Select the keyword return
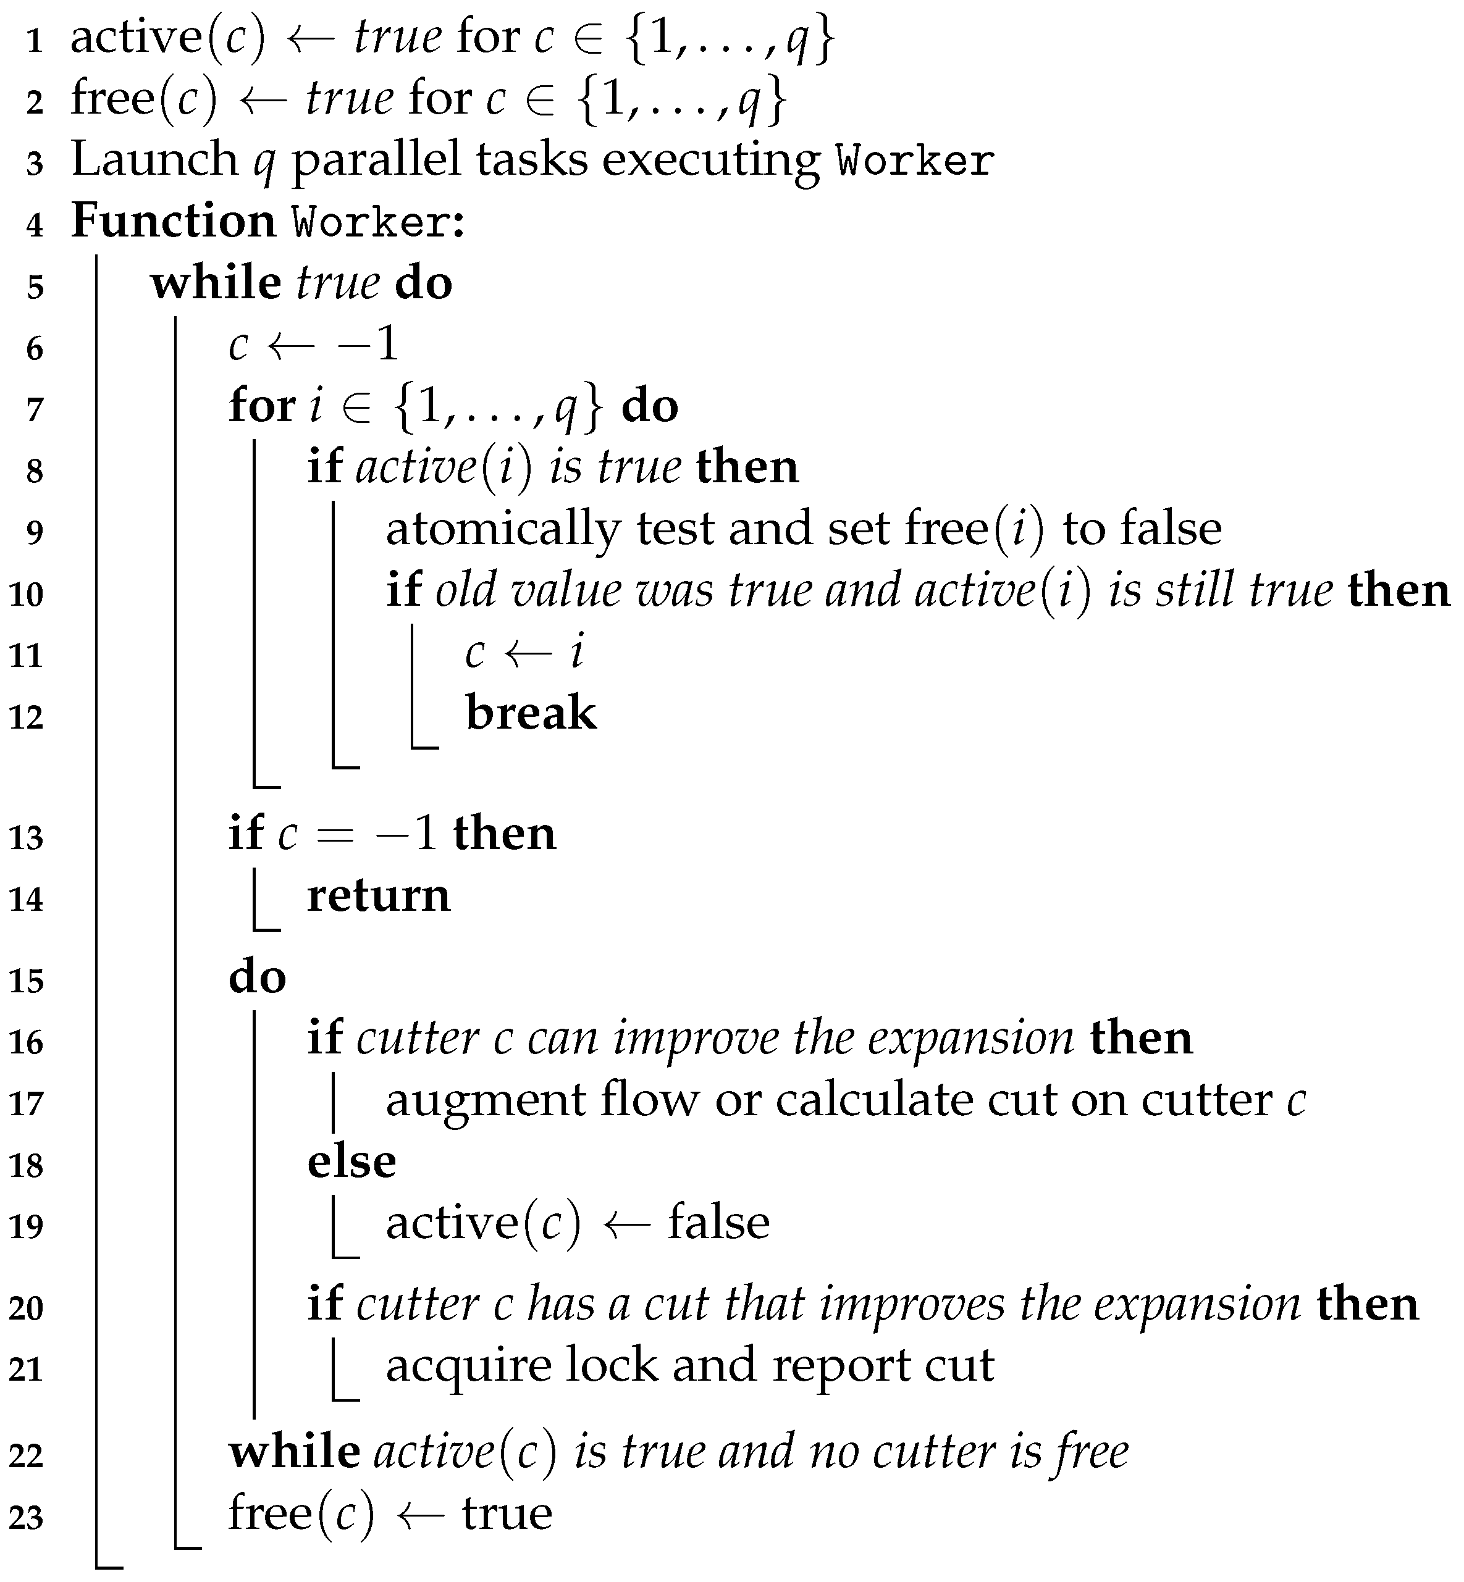pos(378,895)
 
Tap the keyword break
pos(531,713)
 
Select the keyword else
pos(351,1161)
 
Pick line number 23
pos(25,1518)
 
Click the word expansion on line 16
pos(970,1038)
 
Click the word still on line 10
pos(1194,590)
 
